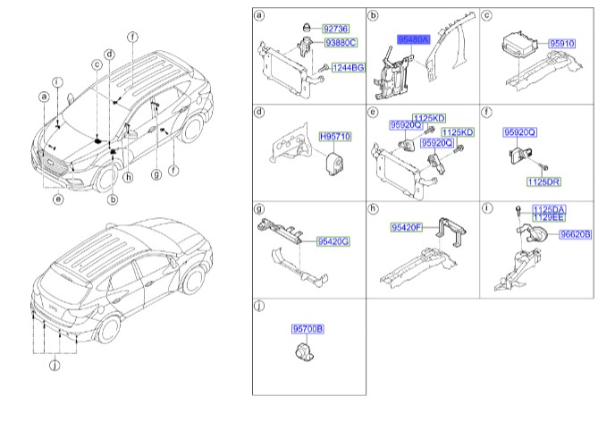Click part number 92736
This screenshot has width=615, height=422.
click(336, 29)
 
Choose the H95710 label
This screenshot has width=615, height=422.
click(334, 138)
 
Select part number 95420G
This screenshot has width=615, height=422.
click(333, 241)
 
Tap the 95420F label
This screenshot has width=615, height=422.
click(407, 229)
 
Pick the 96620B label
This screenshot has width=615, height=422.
click(575, 234)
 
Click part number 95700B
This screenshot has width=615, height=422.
click(308, 329)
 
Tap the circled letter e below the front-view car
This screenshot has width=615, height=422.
click(58, 199)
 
